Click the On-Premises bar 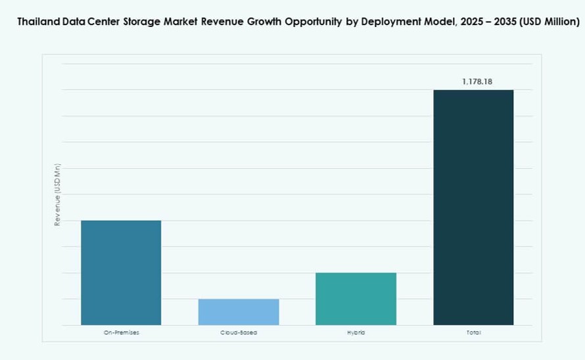click(121, 273)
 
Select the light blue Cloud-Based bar click(239, 312)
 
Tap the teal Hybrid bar click(356, 299)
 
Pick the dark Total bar click(473, 207)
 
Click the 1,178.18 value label click(473, 81)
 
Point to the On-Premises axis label click(121, 333)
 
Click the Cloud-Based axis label click(239, 333)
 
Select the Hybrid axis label click(356, 333)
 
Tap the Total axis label click(473, 333)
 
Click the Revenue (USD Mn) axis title click(57, 195)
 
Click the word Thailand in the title click(37, 22)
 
